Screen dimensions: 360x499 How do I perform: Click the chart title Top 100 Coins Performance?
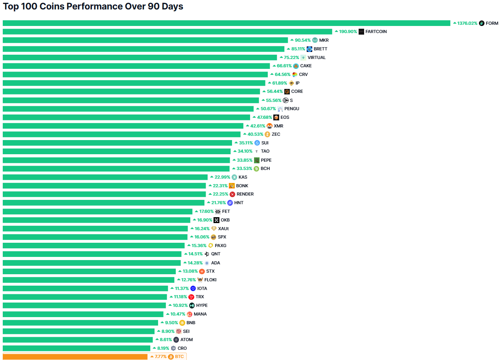click(x=93, y=7)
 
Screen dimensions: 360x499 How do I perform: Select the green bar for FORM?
click(x=226, y=23)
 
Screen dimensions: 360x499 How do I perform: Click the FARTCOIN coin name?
click(x=376, y=31)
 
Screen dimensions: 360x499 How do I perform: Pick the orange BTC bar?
click(x=75, y=357)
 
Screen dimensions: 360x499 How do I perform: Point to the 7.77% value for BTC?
click(x=160, y=357)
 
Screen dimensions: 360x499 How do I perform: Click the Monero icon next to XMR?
click(x=269, y=126)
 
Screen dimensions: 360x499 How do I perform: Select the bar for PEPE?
click(x=116, y=160)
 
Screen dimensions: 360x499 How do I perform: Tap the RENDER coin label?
click(x=245, y=194)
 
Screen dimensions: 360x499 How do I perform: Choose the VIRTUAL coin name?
click(x=317, y=57)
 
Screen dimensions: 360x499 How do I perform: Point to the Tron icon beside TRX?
click(x=191, y=297)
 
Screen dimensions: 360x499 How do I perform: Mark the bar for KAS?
click(x=105, y=177)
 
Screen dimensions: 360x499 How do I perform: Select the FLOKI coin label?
click(x=210, y=280)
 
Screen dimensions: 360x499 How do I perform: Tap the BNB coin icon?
click(x=182, y=323)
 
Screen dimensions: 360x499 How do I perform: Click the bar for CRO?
click(x=76, y=348)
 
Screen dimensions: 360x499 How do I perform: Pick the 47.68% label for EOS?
click(x=265, y=117)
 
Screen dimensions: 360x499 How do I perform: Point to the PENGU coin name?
click(x=292, y=109)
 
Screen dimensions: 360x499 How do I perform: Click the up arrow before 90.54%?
click(x=292, y=40)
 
